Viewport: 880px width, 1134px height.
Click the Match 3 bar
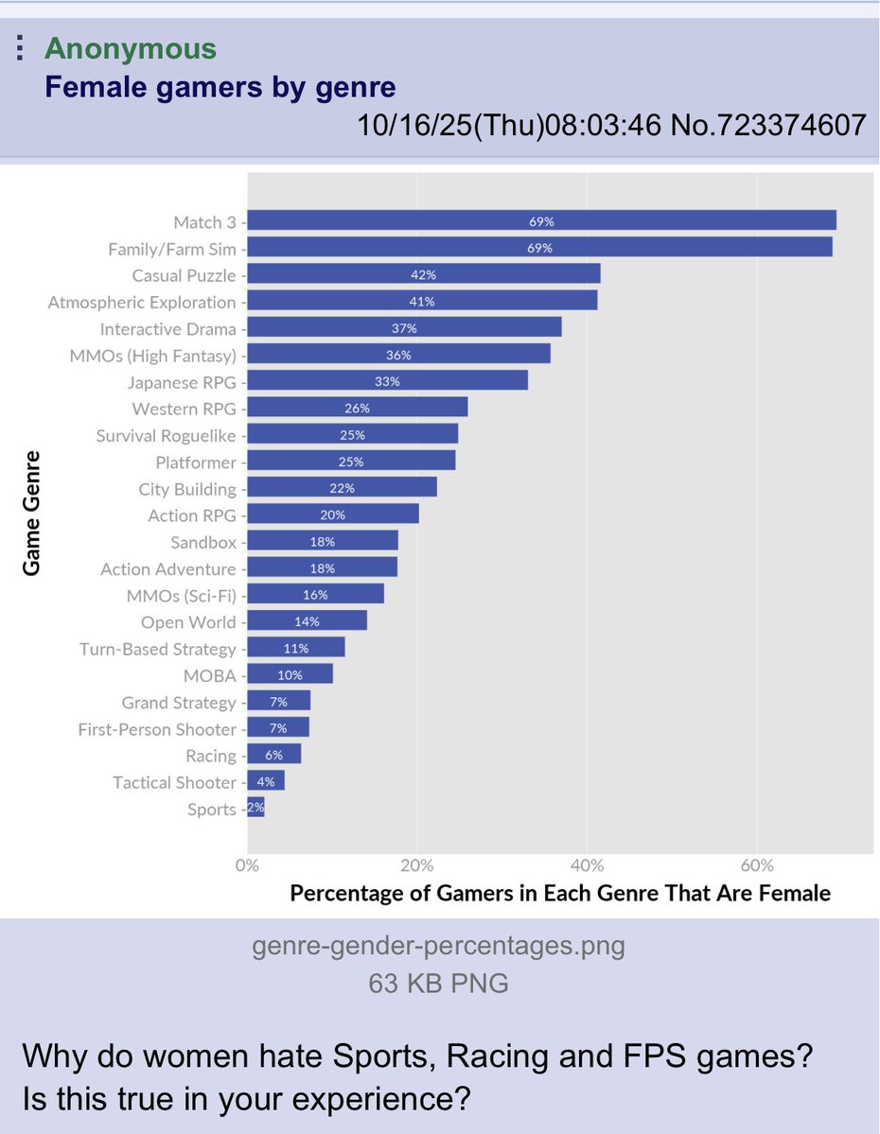pyautogui.click(x=541, y=221)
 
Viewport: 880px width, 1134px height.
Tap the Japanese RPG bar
pyautogui.click(x=387, y=382)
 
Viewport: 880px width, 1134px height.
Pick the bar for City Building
pyautogui.click(x=342, y=488)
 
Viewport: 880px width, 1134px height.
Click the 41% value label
pyautogui.click(x=421, y=302)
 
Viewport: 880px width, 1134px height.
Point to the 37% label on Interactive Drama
pyautogui.click(x=404, y=328)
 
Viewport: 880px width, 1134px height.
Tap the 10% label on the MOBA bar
pyautogui.click(x=290, y=675)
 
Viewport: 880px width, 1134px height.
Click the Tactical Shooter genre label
pyautogui.click(x=174, y=782)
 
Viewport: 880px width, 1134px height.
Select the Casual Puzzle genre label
pyautogui.click(x=184, y=275)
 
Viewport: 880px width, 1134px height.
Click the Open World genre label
pyautogui.click(x=188, y=622)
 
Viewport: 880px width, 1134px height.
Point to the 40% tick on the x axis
pyautogui.click(x=587, y=865)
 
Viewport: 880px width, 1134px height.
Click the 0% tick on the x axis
pyautogui.click(x=247, y=865)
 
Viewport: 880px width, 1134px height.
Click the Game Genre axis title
pyautogui.click(x=32, y=514)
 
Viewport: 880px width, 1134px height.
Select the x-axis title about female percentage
pyautogui.click(x=560, y=893)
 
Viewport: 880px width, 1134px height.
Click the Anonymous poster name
pyautogui.click(x=131, y=49)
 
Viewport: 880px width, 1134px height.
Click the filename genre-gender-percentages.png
pyautogui.click(x=439, y=946)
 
